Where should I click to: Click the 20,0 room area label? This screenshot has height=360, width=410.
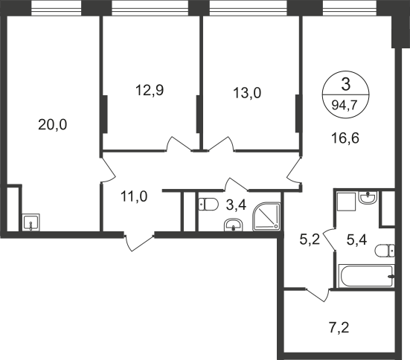point(53,124)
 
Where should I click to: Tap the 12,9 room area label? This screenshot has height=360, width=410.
point(150,90)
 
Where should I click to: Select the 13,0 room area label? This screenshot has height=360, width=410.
point(247,92)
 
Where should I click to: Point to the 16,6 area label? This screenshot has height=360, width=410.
point(345,138)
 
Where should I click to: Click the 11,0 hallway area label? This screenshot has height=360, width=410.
point(134,196)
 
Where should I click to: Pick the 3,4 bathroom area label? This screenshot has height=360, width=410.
point(236,205)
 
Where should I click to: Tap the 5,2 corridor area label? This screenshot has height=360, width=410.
point(310,240)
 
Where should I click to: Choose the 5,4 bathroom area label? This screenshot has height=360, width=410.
point(356,240)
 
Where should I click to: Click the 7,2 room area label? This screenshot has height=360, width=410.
point(339,328)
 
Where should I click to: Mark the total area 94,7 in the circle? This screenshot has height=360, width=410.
point(345,106)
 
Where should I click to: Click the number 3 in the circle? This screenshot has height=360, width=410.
point(346,85)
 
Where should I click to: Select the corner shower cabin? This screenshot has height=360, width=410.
point(266,216)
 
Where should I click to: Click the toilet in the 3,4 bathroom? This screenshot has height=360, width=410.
point(208,205)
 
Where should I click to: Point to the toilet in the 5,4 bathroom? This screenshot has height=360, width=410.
point(385,251)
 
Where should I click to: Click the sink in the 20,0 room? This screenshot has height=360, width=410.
point(31,222)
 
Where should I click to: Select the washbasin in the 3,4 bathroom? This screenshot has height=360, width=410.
point(234,225)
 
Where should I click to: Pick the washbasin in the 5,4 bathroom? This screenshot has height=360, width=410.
point(368,198)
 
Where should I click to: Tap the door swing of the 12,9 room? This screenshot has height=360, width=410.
point(179,144)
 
